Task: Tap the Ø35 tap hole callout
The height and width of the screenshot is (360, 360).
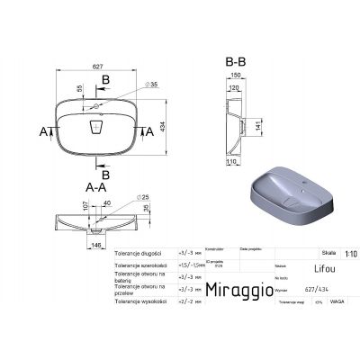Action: [130, 83]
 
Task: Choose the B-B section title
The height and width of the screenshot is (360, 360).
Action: [235, 61]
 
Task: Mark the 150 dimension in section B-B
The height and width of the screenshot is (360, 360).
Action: [237, 76]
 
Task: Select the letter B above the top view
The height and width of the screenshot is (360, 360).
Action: [106, 81]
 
